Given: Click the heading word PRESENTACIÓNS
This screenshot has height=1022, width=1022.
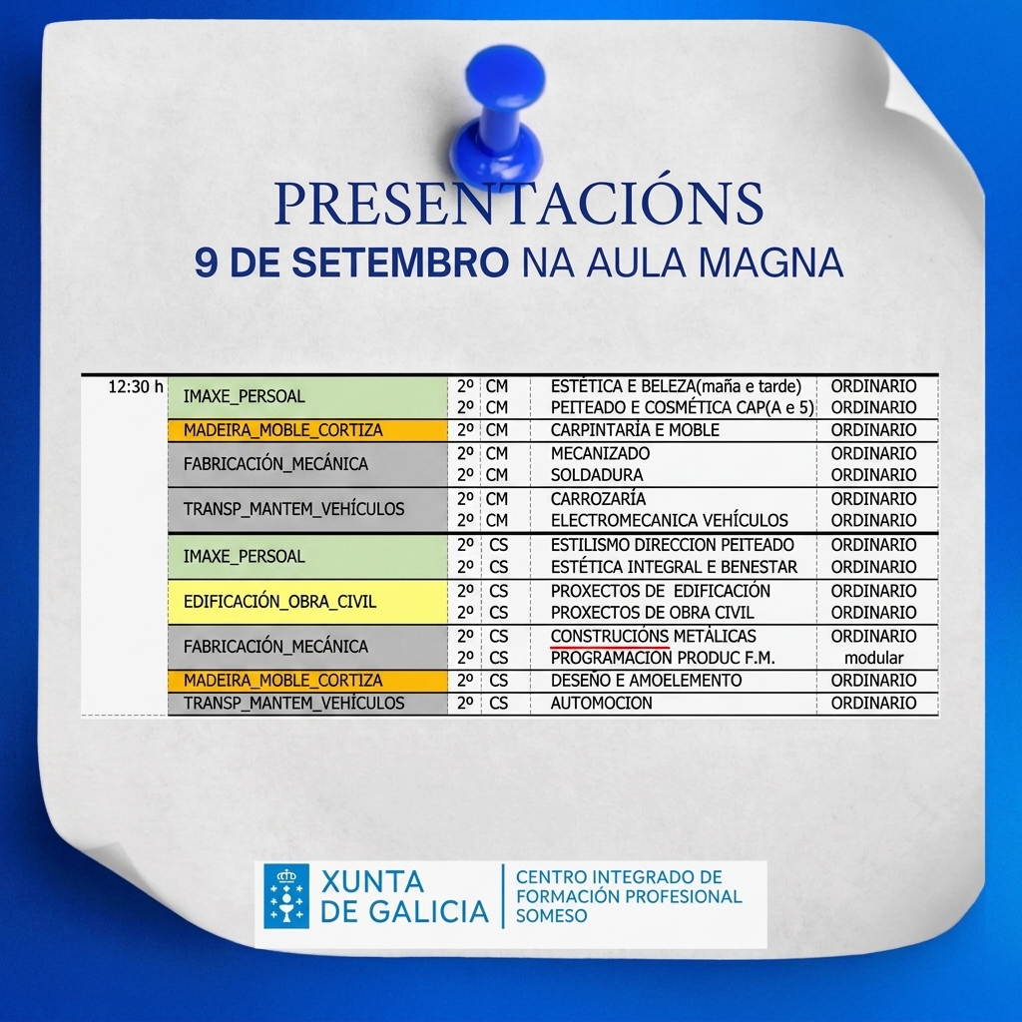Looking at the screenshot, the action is pyautogui.click(x=519, y=203).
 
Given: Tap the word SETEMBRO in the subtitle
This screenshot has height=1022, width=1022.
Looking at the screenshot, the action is pyautogui.click(x=399, y=262).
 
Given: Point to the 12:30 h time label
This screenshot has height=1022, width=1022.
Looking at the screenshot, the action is pyautogui.click(x=136, y=386).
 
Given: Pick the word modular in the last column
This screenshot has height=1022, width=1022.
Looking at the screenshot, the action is pyautogui.click(x=873, y=658).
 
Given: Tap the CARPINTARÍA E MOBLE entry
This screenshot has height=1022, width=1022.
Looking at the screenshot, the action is pyautogui.click(x=635, y=430).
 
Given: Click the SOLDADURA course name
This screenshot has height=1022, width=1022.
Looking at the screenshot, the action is pyautogui.click(x=597, y=474).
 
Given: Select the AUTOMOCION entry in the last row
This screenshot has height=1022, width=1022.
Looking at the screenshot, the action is pyautogui.click(x=601, y=703).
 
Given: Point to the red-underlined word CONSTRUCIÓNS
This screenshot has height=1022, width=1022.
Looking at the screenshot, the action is pyautogui.click(x=610, y=636).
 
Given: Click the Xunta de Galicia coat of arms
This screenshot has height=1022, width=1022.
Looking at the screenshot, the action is pyautogui.click(x=286, y=895).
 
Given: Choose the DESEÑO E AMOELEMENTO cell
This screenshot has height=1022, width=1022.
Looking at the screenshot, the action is pyautogui.click(x=646, y=681).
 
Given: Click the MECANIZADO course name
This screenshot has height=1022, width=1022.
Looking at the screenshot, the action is pyautogui.click(x=600, y=453).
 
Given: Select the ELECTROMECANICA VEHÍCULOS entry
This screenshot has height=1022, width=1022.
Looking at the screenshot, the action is pyautogui.click(x=669, y=520).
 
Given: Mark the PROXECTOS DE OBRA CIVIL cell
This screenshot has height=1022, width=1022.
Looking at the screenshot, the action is pyautogui.click(x=652, y=613).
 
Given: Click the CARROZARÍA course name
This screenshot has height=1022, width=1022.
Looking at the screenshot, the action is pyautogui.click(x=598, y=499).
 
